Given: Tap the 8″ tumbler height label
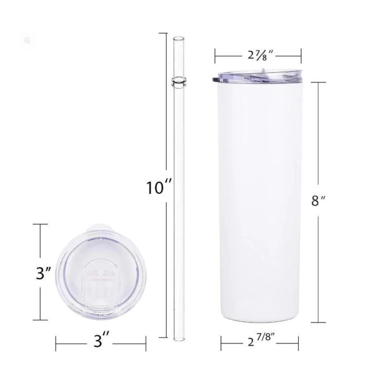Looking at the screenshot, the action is [x=319, y=201].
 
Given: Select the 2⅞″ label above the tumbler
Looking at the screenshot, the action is [x=258, y=55].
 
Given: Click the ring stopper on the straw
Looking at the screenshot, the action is [x=179, y=82].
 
